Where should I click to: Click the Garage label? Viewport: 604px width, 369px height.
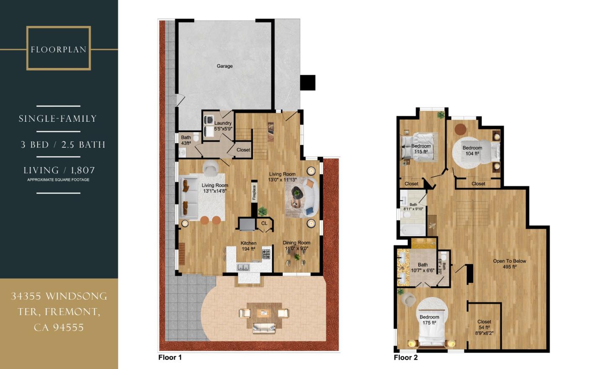(x=224, y=66)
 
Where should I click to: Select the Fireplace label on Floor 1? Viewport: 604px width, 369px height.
(x=254, y=193)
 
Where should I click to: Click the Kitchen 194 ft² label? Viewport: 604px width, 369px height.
(x=248, y=246)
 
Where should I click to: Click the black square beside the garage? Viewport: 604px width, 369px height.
(x=307, y=82)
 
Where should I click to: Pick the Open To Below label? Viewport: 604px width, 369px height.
(x=509, y=264)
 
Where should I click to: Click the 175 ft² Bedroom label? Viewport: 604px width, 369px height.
(x=429, y=320)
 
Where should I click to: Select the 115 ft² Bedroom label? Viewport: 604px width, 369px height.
(x=421, y=149)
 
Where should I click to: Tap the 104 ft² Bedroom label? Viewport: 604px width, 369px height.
(x=472, y=150)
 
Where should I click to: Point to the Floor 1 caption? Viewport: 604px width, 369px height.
(x=170, y=357)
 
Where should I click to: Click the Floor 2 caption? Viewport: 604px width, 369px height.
(x=406, y=357)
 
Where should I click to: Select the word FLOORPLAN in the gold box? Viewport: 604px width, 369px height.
(x=58, y=49)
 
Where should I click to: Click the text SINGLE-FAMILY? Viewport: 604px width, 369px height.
(x=58, y=119)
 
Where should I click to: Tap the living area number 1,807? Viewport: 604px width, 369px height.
(x=83, y=170)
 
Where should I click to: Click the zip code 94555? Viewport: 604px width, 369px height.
(x=68, y=327)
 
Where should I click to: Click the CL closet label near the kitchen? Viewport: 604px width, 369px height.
(x=264, y=223)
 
